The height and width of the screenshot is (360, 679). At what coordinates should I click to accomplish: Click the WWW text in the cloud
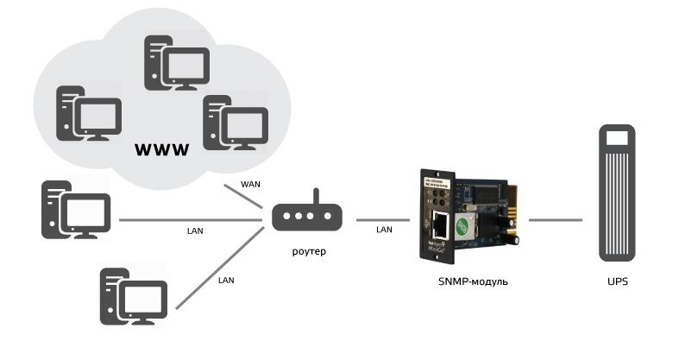click(x=162, y=151)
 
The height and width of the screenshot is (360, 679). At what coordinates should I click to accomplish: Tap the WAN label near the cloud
click(x=250, y=184)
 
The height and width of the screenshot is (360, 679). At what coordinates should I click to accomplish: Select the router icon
click(x=307, y=215)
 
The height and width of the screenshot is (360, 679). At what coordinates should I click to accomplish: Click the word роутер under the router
click(x=307, y=250)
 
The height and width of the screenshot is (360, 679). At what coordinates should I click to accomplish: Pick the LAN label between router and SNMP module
click(x=384, y=230)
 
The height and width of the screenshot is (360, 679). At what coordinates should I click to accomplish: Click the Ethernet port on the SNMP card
click(x=440, y=225)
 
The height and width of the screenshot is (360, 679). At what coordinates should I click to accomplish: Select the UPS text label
click(x=617, y=281)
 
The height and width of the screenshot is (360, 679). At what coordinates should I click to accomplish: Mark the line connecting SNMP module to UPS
click(x=554, y=219)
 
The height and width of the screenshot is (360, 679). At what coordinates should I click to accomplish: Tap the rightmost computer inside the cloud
click(x=233, y=123)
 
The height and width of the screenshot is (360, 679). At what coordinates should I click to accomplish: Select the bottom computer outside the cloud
click(x=133, y=296)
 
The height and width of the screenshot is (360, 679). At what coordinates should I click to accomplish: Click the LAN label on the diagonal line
click(x=226, y=281)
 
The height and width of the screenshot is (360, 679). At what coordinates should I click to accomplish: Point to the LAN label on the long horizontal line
click(x=195, y=231)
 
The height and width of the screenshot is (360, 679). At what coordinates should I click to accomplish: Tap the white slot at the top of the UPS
click(x=617, y=138)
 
